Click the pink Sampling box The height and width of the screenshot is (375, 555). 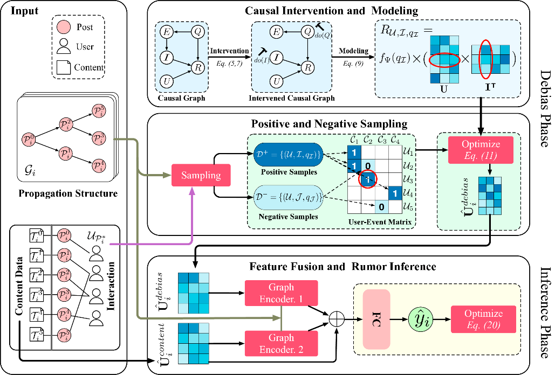click(200, 175)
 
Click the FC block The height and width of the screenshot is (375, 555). click(376, 318)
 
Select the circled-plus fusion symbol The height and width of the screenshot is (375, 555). click(338, 318)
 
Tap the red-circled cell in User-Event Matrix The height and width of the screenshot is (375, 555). click(368, 179)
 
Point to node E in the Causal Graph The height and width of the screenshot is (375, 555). click(167, 32)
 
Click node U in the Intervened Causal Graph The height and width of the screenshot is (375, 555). click(277, 81)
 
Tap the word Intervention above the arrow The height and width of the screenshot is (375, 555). click(229, 51)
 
